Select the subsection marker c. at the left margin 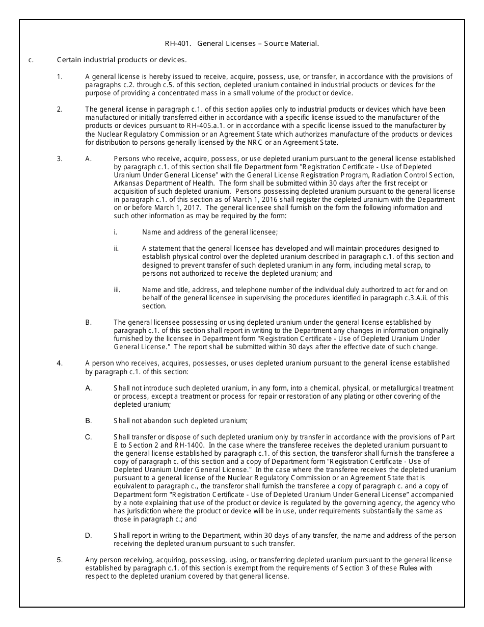[31, 60]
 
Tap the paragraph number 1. [60, 77]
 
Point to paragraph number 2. [60, 110]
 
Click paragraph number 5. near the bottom [60, 560]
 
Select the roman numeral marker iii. [117, 290]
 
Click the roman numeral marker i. [116, 232]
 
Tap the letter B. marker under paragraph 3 [89, 323]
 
